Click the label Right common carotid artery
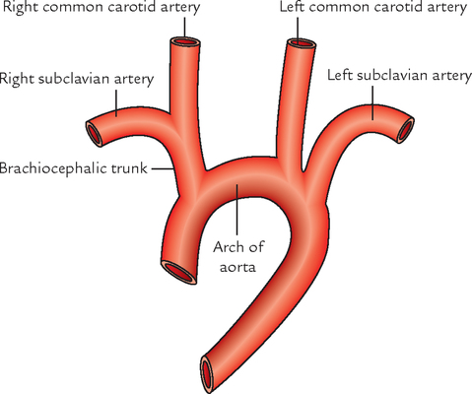101,7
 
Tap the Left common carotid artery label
373,7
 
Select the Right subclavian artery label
77,80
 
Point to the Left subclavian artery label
399,76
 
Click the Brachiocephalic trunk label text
73,168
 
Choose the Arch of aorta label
238,257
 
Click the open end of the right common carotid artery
185,42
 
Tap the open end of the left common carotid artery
302,43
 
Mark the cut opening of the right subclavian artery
94,134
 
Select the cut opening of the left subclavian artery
406,130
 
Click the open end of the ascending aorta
178,272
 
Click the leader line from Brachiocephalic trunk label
163,168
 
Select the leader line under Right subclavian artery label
116,103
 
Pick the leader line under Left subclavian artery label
372,102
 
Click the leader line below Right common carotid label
184,28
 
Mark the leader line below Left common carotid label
298,30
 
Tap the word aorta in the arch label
237,267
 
